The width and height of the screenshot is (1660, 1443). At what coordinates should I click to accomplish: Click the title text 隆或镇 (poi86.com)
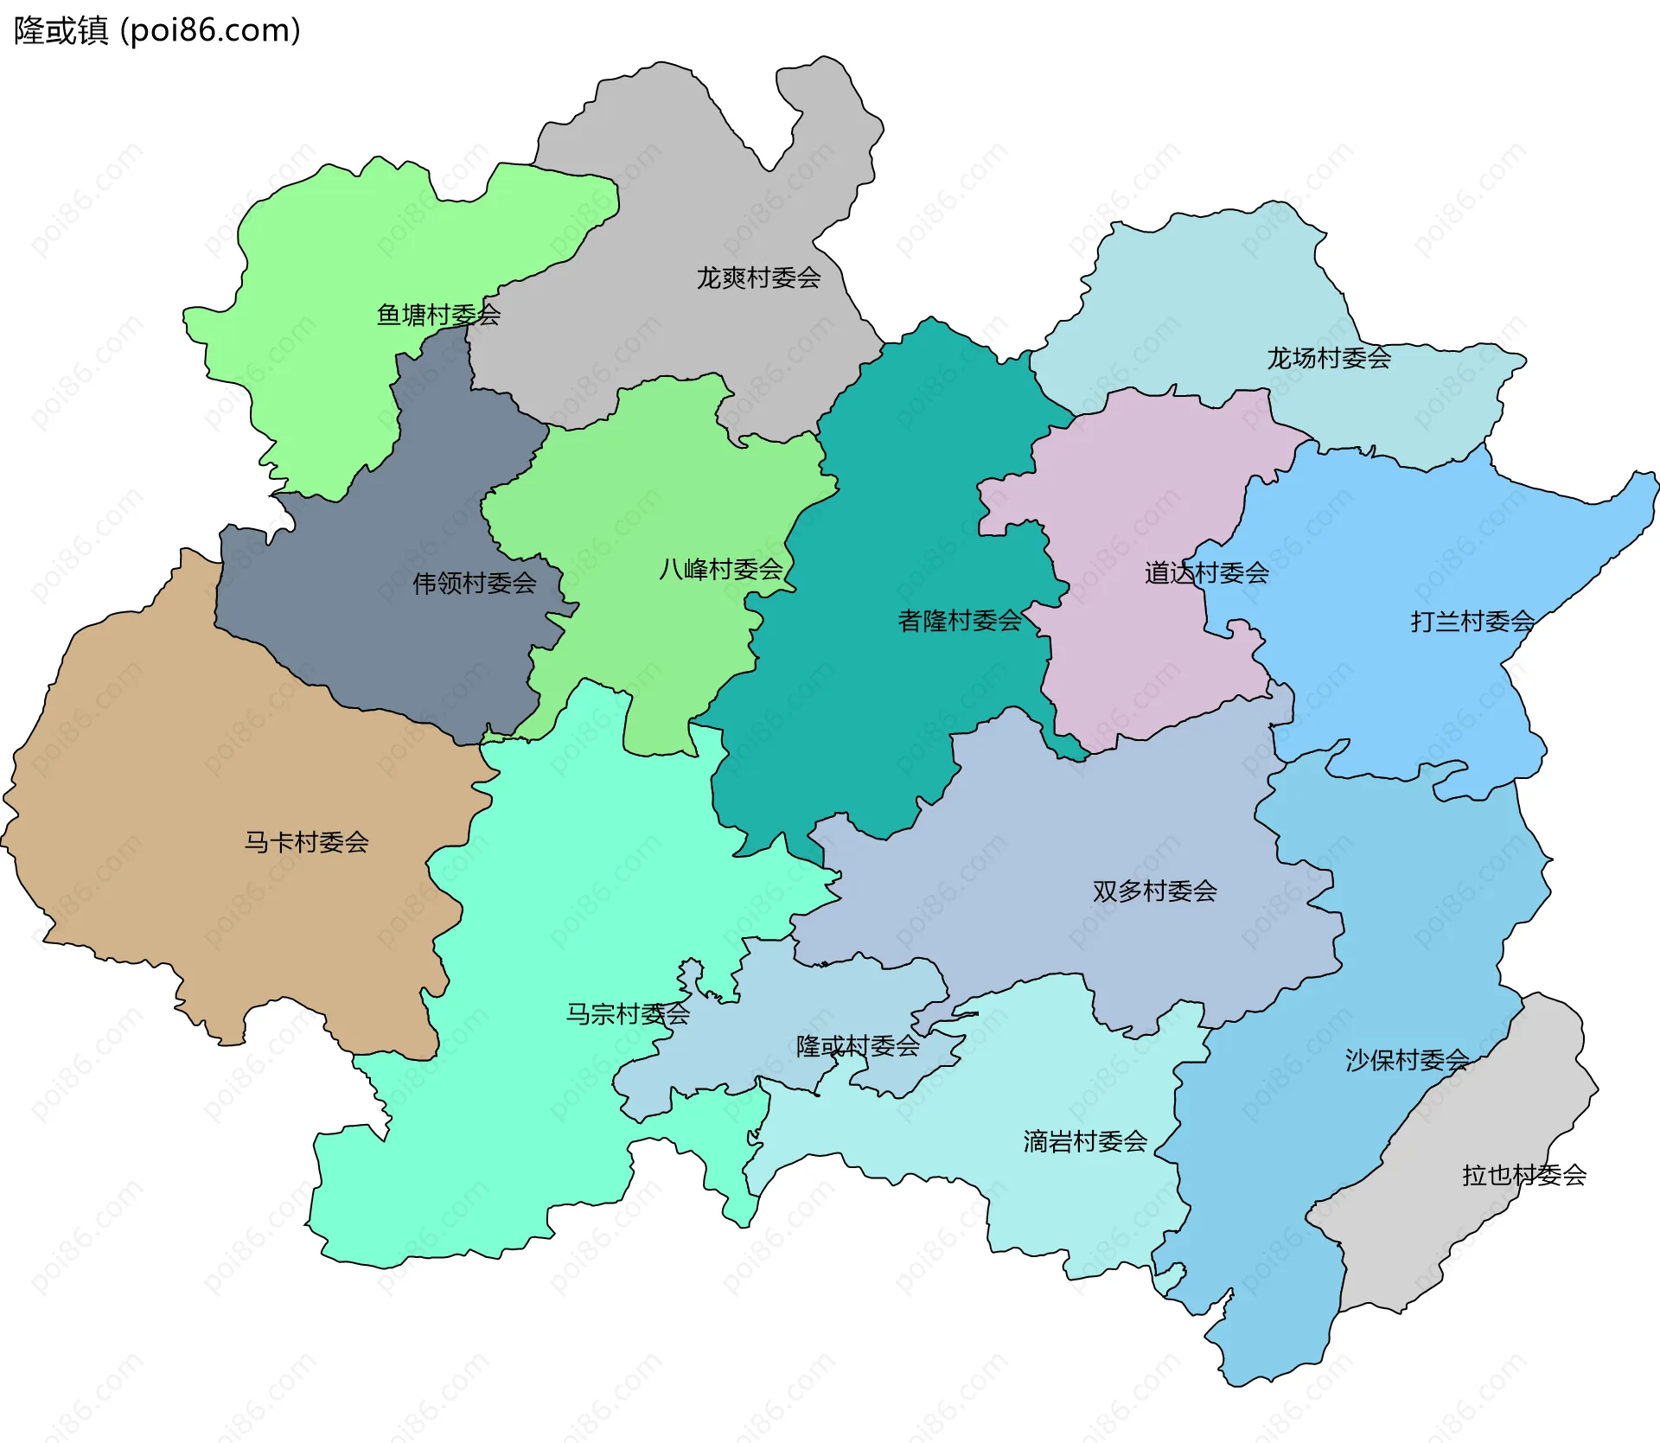[157, 31]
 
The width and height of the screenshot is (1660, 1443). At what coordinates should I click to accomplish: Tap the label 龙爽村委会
[758, 278]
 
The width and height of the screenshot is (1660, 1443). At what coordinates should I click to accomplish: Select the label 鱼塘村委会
[438, 315]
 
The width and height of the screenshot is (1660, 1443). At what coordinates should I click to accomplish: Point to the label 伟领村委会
[474, 584]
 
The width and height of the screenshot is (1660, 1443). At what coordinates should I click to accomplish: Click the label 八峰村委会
[720, 570]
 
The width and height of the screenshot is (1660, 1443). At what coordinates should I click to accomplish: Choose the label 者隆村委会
[960, 621]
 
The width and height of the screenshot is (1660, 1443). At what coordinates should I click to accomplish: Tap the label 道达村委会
[1206, 573]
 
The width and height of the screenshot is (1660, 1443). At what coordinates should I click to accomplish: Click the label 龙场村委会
[1329, 358]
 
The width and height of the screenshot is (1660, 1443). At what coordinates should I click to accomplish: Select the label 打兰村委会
[1472, 622]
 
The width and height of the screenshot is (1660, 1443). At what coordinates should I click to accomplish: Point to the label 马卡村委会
[306, 842]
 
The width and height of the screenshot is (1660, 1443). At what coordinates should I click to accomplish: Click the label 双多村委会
[1154, 891]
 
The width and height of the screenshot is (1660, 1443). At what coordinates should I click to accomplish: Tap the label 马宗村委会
[628, 1014]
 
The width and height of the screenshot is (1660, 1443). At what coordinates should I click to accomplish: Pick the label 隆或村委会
[858, 1046]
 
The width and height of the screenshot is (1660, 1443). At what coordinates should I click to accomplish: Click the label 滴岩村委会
[1085, 1142]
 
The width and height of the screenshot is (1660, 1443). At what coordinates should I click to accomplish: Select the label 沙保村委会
[1407, 1060]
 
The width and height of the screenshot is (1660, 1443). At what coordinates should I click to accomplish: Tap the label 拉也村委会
[1523, 1176]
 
